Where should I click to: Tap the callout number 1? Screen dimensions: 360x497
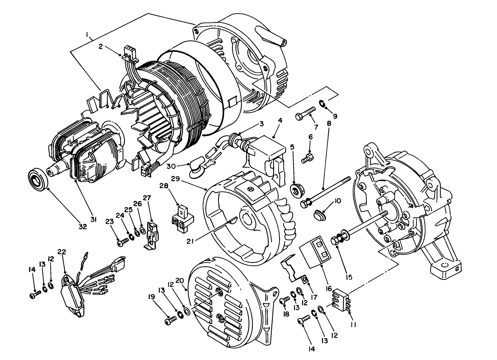87,34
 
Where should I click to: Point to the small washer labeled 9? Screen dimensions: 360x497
323,104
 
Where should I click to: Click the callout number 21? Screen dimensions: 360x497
190,239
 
